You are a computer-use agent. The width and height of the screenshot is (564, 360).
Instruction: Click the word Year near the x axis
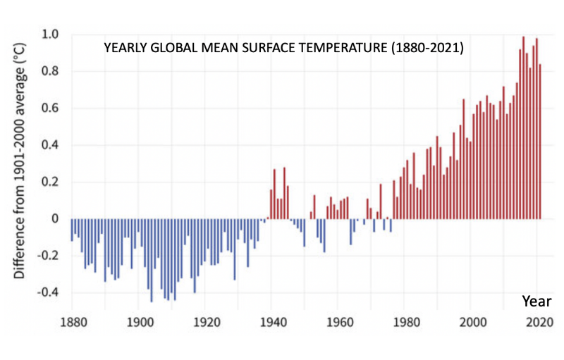coord(537,301)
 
